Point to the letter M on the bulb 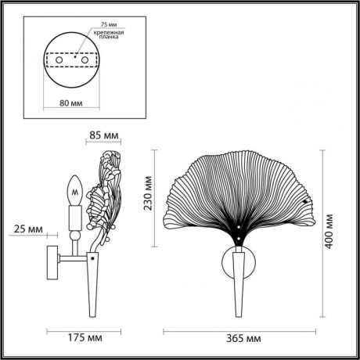pyautogui.click(x=75, y=189)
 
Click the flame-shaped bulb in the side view pyautogui.click(x=75, y=188)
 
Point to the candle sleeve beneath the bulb pyautogui.click(x=75, y=215)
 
